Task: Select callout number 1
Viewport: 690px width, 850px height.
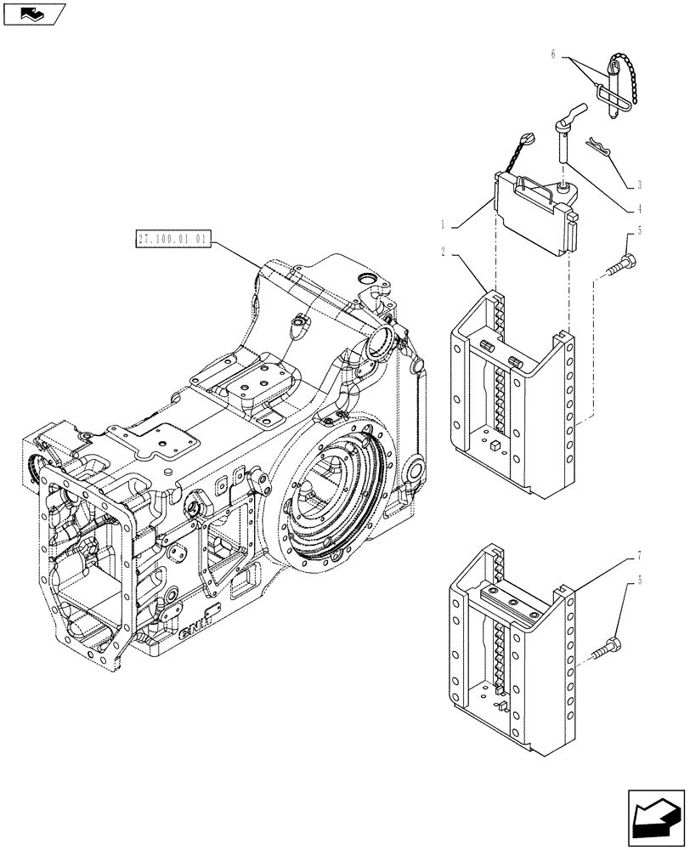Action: click(444, 225)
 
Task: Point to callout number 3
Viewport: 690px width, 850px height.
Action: click(638, 184)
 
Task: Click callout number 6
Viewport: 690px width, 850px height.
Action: click(553, 54)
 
